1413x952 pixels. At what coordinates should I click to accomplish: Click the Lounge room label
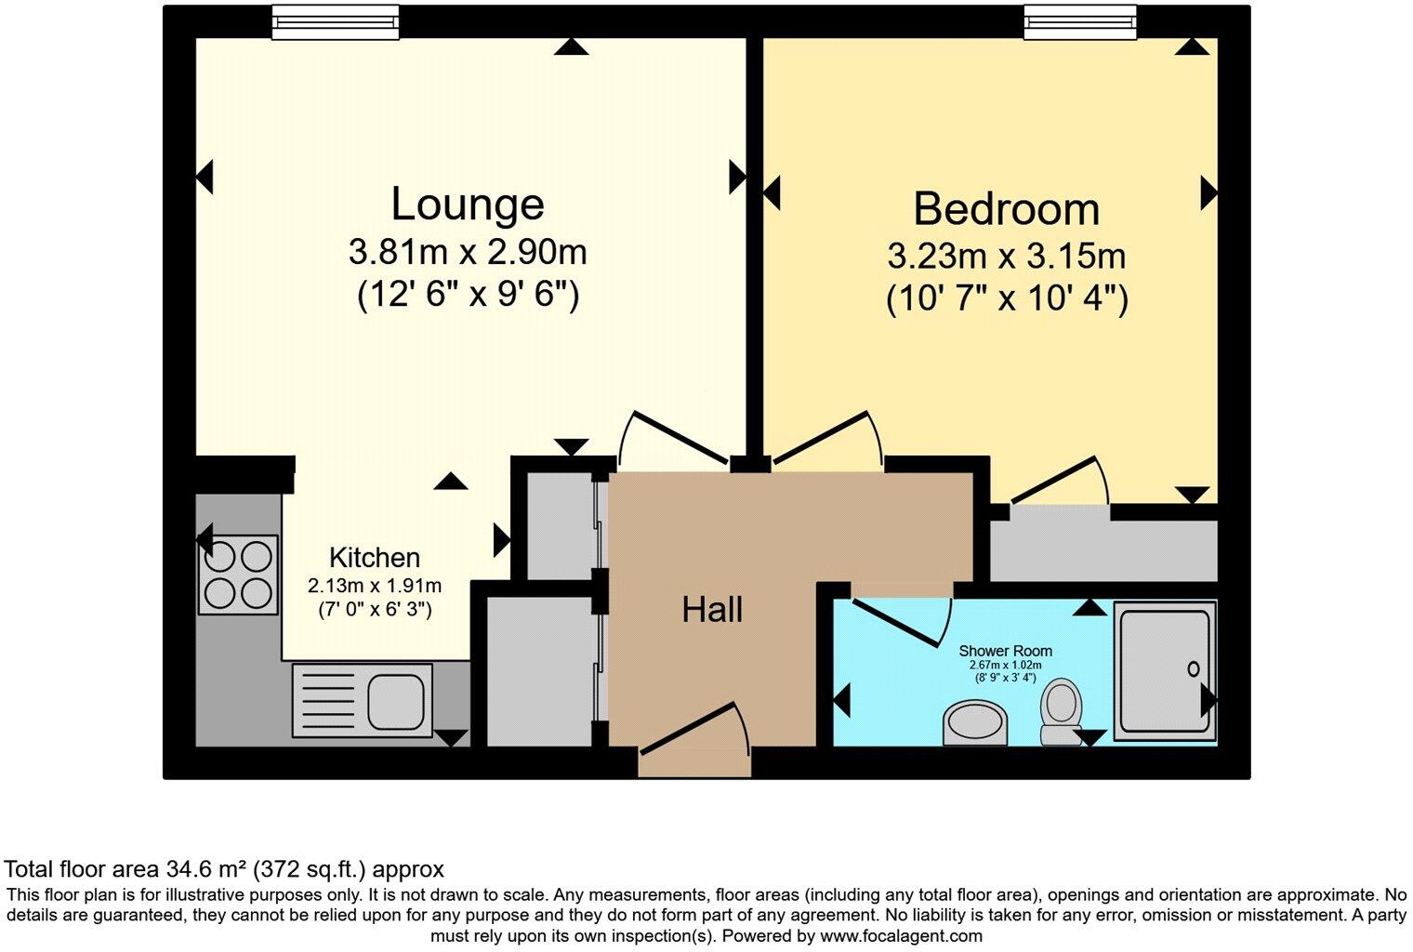click(467, 205)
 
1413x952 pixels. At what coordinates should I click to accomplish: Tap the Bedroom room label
click(1006, 209)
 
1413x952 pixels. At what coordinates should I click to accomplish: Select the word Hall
click(712, 610)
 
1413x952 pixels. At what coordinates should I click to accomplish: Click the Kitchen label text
click(375, 558)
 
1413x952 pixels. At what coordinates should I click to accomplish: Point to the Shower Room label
click(1005, 651)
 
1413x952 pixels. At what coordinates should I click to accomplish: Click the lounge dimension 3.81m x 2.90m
click(467, 251)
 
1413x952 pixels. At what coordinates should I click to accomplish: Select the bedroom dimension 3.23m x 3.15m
click(1006, 256)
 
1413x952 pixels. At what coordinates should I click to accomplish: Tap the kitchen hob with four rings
click(238, 575)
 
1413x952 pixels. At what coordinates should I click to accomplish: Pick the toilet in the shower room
click(1060, 710)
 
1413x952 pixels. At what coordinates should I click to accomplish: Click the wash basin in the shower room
click(975, 724)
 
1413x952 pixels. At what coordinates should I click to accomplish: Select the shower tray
click(1164, 669)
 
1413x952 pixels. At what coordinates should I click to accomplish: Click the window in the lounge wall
click(336, 22)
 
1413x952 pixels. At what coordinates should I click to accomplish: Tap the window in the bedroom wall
click(1079, 22)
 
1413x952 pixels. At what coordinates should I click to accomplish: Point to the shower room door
click(898, 621)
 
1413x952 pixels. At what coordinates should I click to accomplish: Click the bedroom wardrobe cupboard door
click(1058, 481)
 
